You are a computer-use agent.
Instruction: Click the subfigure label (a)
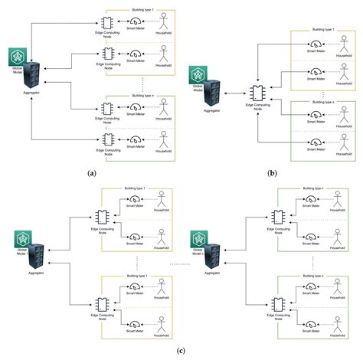pos(92,173)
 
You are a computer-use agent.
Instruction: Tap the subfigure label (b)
pos(272,173)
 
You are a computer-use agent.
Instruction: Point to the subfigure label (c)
pos(180,351)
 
